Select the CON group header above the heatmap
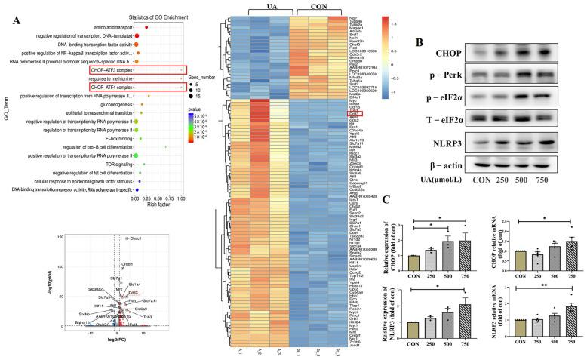(324, 7)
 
